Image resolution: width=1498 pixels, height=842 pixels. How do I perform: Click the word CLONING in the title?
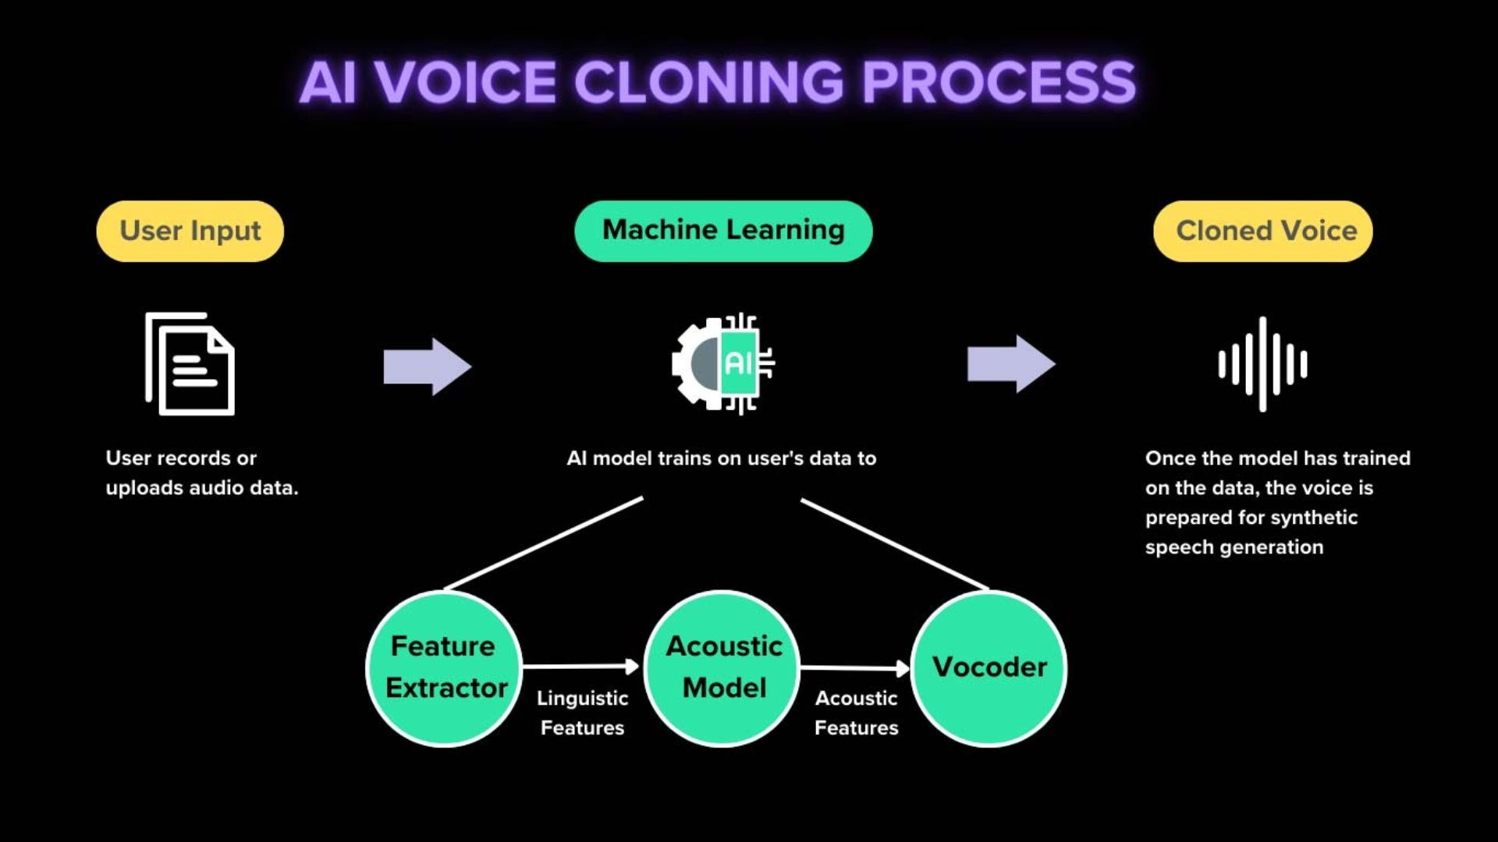708,83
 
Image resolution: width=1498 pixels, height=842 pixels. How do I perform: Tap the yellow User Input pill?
190,232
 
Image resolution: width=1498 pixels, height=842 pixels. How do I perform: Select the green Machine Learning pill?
723,231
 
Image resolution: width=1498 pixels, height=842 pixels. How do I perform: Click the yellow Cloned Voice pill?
1262,232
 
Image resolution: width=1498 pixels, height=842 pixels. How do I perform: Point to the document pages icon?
190,364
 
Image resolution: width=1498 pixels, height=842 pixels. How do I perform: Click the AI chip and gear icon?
723,363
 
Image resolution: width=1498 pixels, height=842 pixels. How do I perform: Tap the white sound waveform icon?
1262,364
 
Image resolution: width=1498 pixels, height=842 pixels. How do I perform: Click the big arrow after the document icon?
427,366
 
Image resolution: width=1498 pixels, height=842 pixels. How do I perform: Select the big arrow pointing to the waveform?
1010,364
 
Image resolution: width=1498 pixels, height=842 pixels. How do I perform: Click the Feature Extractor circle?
443,668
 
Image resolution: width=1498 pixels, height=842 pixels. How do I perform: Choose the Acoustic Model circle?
722,668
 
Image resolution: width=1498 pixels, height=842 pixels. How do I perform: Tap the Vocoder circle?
989,668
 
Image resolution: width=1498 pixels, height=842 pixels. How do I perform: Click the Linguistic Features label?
582,713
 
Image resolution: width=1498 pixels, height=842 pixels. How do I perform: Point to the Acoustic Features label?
856,713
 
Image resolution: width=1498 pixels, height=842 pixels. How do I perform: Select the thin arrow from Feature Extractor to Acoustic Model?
580,667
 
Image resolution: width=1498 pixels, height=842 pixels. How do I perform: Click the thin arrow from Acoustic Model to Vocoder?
854,668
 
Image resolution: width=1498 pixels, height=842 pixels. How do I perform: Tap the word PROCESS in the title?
999,83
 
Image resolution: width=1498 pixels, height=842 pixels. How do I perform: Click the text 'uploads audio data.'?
202,488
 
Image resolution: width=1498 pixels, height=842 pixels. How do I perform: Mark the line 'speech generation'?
1234,547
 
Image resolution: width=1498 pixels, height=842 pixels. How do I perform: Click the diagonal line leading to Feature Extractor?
544,543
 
